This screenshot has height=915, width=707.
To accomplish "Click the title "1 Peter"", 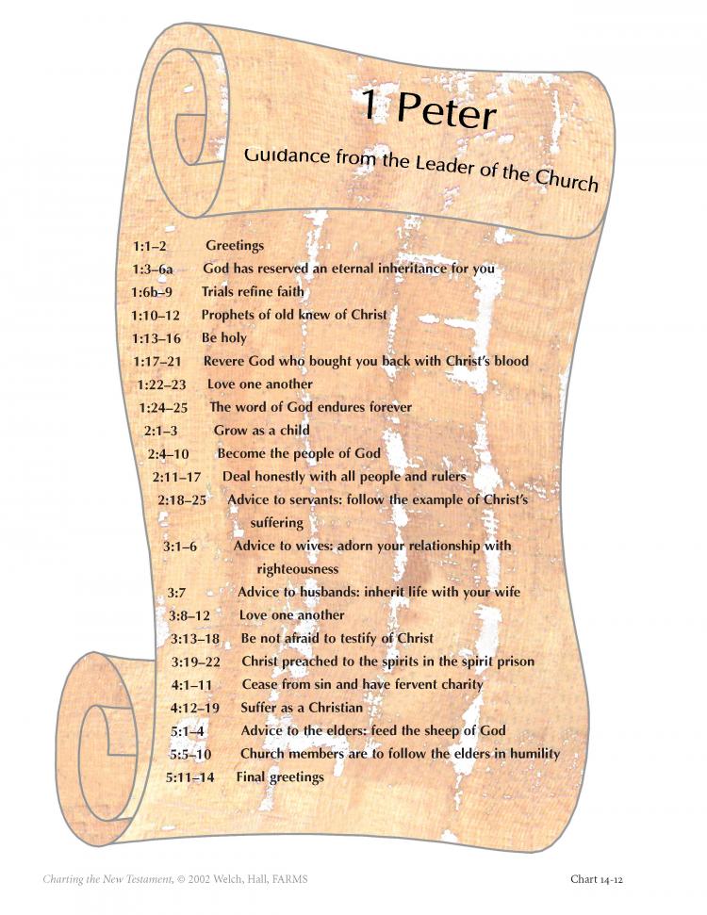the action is coord(429,109).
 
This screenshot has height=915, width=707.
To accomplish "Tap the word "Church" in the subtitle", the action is coord(567,180).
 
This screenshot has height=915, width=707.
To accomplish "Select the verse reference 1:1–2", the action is coord(150,246).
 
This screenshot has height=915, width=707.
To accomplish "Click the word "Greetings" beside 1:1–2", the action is coord(235,246).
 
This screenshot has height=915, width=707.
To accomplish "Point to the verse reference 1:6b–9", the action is coord(152,292).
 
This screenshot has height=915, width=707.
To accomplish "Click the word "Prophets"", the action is coord(228,315).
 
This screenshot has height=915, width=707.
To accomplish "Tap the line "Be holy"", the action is coord(224,338).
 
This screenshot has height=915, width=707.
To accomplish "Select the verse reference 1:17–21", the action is coord(157,362).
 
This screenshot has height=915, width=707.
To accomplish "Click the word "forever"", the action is coord(390,407).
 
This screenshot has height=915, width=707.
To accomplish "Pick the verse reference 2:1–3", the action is coord(160,432).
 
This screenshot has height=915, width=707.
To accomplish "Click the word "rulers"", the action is coord(449,476).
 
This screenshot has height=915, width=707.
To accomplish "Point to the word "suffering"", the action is coord(277,523).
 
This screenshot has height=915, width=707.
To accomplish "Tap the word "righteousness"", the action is coord(298,569).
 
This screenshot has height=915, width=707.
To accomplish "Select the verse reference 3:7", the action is coord(176,593).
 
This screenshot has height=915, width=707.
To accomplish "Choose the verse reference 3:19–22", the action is coord(196,662).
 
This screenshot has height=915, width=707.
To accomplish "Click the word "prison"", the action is coord(516,662).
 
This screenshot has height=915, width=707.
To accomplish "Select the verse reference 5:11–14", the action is coord(190,777).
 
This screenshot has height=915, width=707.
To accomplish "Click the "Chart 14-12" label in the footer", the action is coord(597,879).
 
